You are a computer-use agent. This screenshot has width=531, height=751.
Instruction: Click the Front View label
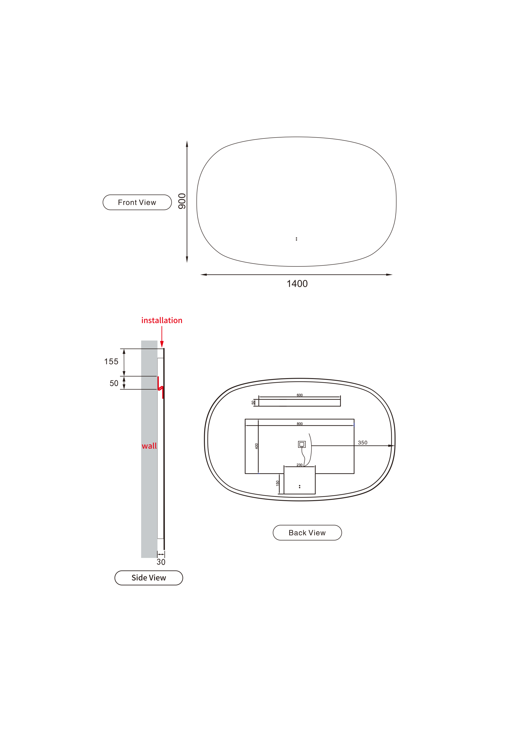137,202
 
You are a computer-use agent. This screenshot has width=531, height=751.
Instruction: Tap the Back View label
307,533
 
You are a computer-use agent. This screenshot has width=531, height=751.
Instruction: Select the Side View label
148,578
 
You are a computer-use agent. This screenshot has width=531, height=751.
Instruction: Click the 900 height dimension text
182,201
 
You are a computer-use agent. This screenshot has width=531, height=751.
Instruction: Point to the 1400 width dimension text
297,284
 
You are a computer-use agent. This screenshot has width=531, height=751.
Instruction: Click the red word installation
162,320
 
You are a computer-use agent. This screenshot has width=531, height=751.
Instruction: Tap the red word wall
149,446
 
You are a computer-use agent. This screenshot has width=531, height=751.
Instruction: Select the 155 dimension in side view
111,361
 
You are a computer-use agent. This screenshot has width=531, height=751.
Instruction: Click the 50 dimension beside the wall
114,383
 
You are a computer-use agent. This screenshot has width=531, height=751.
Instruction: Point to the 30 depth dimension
161,562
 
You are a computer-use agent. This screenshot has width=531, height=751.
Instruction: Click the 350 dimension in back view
363,443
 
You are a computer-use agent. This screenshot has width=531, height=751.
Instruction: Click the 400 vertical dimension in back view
256,446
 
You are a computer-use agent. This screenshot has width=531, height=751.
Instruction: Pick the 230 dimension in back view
299,465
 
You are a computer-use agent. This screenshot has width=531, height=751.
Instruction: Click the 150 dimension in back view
278,483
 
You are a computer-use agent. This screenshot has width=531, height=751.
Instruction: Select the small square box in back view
302,444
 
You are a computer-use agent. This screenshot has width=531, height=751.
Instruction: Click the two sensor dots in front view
296,239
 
